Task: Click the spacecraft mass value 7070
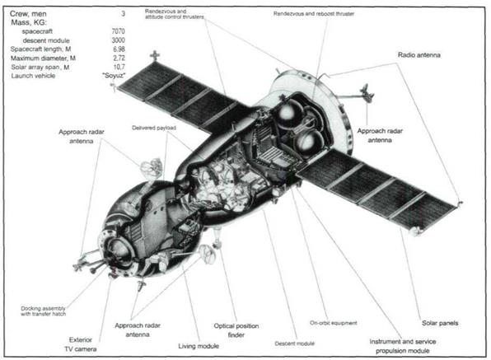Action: click(118, 31)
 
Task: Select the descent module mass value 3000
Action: click(118, 40)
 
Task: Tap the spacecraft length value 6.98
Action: click(119, 49)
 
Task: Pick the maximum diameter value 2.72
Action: click(119, 58)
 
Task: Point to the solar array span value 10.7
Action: click(119, 67)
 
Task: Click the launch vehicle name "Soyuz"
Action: click(114, 76)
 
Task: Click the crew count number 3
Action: click(123, 14)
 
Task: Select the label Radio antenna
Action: click(419, 55)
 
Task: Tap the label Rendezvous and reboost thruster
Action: click(314, 14)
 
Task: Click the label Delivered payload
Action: click(154, 128)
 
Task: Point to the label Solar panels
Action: click(440, 323)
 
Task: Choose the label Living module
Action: click(199, 346)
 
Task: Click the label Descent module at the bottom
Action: click(294, 344)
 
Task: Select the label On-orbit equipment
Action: click(333, 323)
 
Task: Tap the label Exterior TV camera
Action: click(81, 344)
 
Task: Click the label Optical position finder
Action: click(236, 330)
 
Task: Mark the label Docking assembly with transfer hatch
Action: click(43, 311)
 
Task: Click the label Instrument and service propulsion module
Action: click(403, 346)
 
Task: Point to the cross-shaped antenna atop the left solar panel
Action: click(155, 56)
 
